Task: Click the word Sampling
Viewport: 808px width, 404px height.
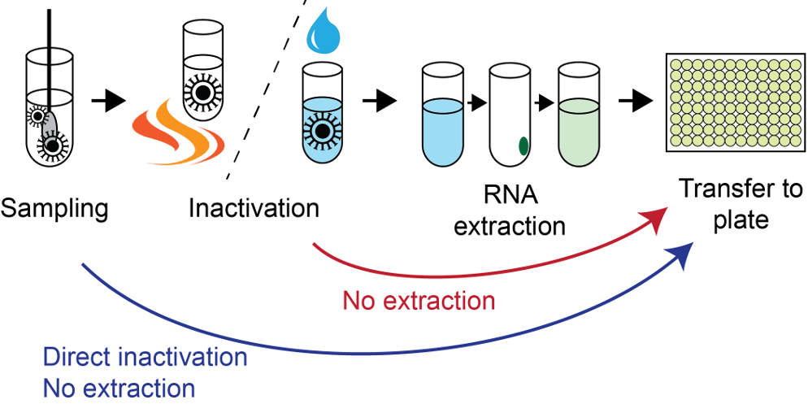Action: click(x=54, y=209)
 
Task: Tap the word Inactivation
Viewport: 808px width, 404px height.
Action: click(x=254, y=209)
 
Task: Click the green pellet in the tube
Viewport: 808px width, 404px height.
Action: click(x=525, y=146)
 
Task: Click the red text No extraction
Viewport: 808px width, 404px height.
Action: click(x=419, y=302)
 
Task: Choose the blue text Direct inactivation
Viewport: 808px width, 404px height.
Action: click(x=145, y=358)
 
